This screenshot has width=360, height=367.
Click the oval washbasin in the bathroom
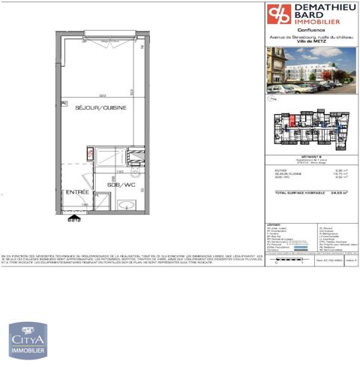124,204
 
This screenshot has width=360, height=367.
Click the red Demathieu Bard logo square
277,14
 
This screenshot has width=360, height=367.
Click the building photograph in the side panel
311,71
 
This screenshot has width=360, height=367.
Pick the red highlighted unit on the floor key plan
287,118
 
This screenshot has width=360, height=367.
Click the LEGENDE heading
273,224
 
